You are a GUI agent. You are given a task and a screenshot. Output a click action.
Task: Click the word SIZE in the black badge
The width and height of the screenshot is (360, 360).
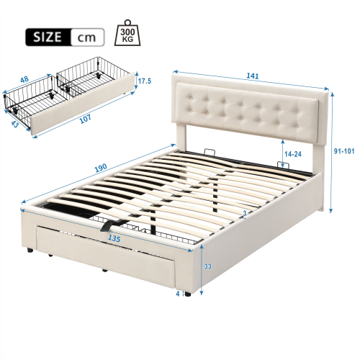[47, 36]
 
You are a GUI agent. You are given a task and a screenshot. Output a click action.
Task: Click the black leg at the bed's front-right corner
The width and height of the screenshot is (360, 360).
[188, 294]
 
